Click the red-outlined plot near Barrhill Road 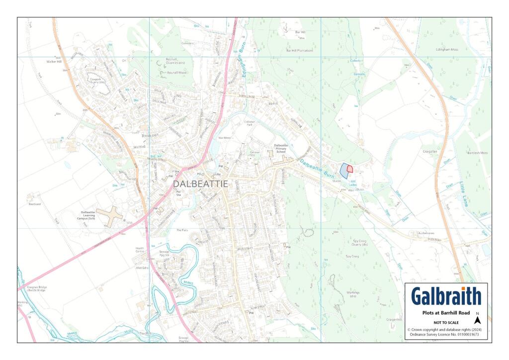coord(350,169)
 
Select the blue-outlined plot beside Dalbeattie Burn coord(343,171)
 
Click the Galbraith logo coord(446,296)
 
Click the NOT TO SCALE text coord(446,322)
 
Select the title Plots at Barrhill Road coord(446,313)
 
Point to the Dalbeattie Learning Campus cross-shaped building coord(110,216)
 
